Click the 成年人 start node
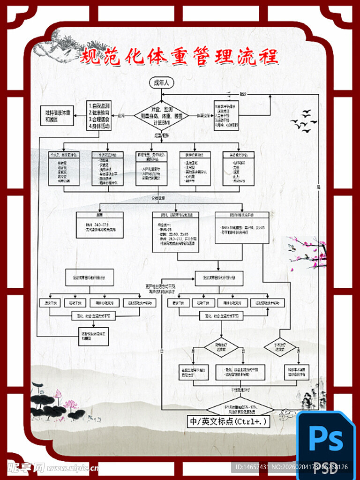[x=161, y=83]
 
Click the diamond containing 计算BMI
[x=161, y=115]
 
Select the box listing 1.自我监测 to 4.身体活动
[x=99, y=115]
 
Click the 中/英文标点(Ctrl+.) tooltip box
[x=228, y=421]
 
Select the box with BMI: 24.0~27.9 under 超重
[x=100, y=225]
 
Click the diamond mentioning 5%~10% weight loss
[x=240, y=407]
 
